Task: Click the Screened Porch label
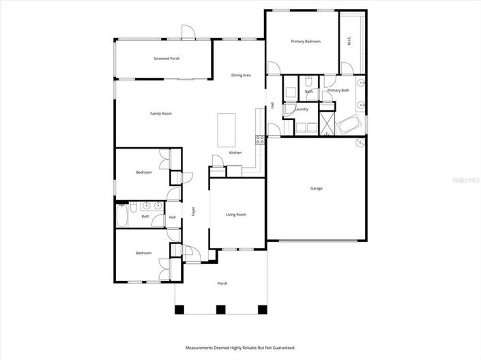pyautogui.click(x=166, y=59)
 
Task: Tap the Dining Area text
pyautogui.click(x=241, y=75)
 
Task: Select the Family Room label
pyautogui.click(x=161, y=113)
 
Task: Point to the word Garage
pyautogui.click(x=317, y=188)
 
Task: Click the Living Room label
pyautogui.click(x=236, y=215)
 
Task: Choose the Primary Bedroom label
pyautogui.click(x=306, y=42)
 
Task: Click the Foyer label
pyautogui.click(x=194, y=211)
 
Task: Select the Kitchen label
pyautogui.click(x=235, y=153)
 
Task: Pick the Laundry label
pyautogui.click(x=302, y=109)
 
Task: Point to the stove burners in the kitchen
pyautogui.click(x=260, y=140)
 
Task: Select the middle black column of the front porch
pyautogui.click(x=220, y=310)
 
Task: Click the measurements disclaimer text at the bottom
pyautogui.click(x=241, y=348)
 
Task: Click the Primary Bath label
pyautogui.click(x=338, y=91)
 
